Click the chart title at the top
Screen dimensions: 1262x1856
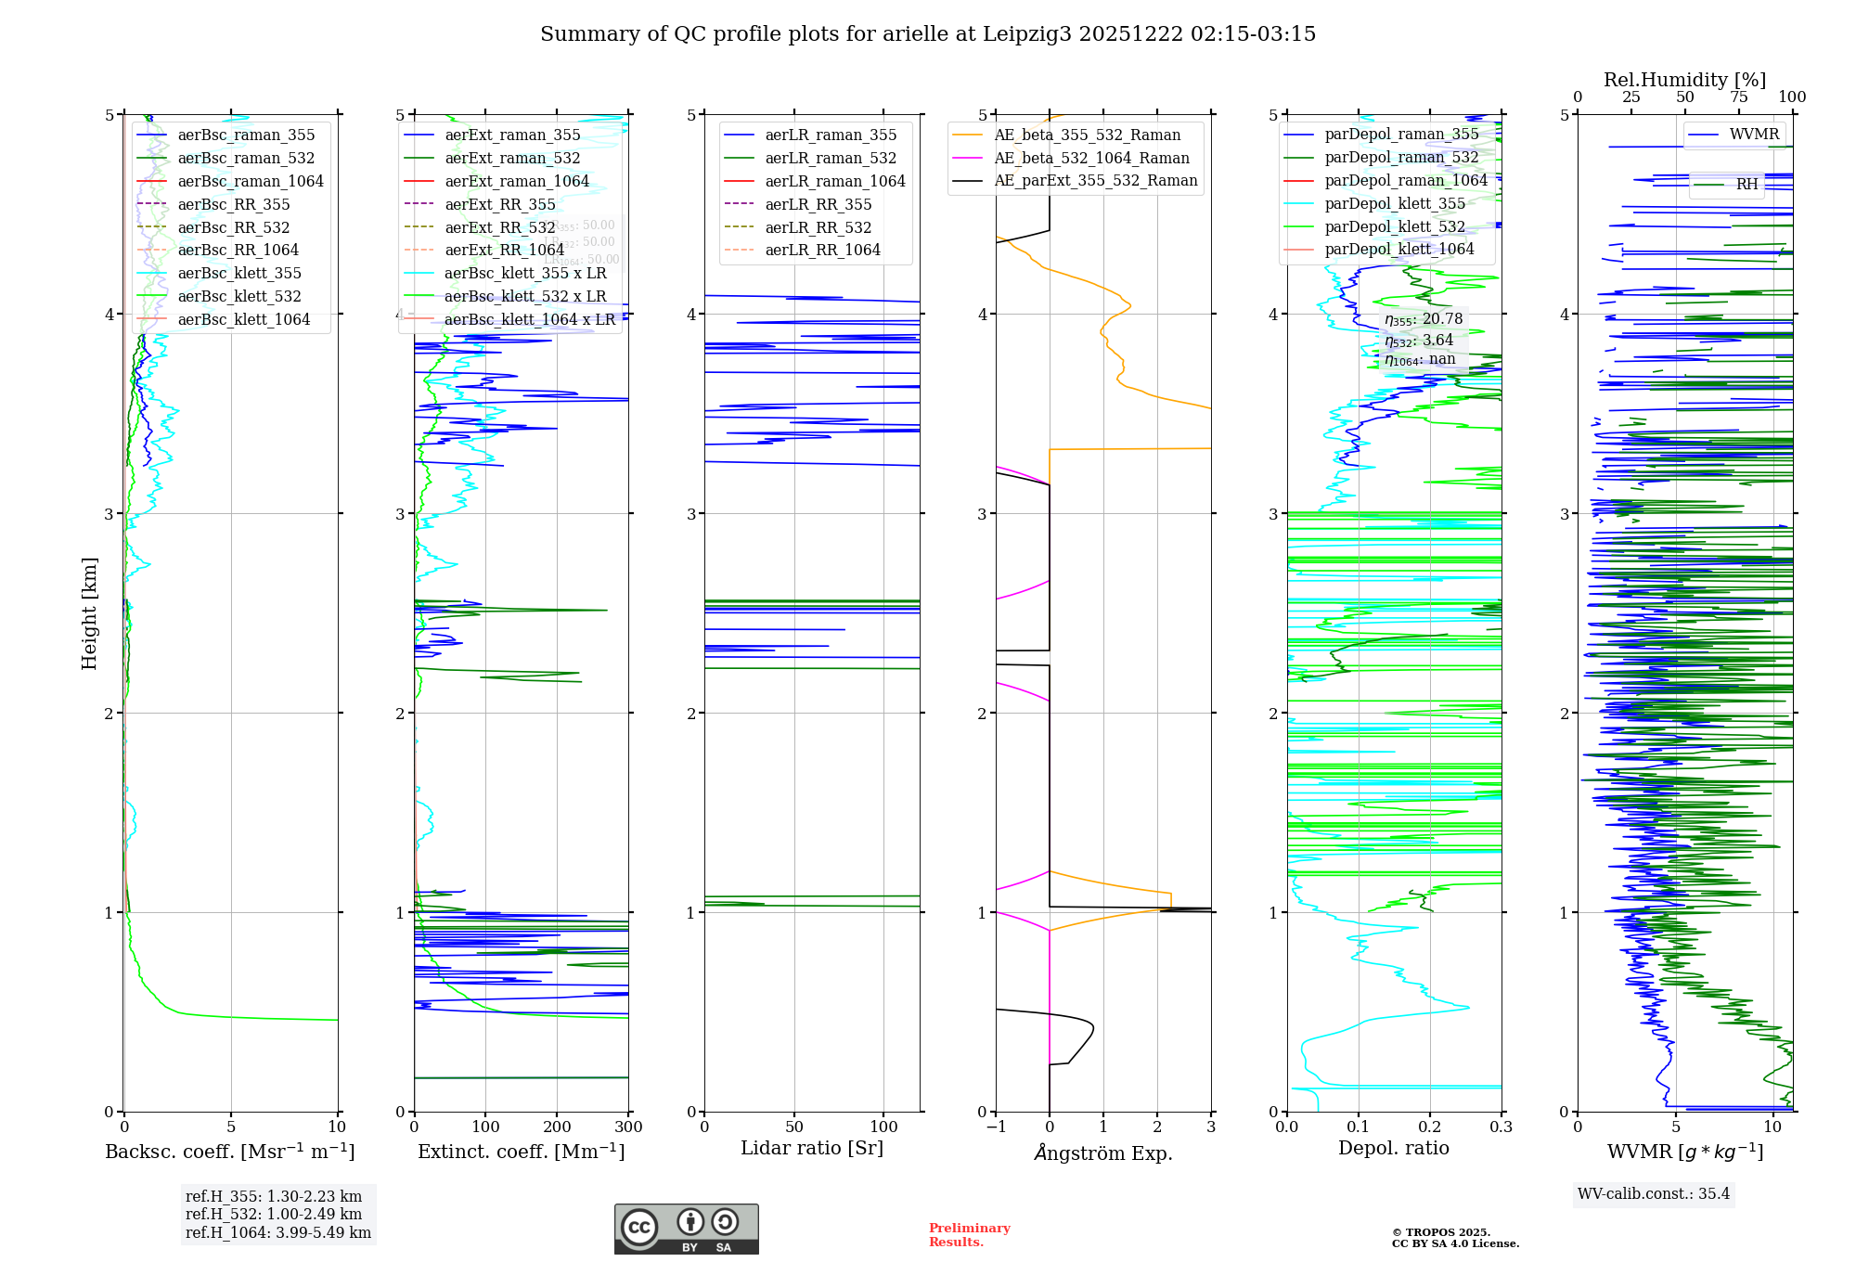[x=927, y=34]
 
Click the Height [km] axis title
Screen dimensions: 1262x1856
[x=89, y=612]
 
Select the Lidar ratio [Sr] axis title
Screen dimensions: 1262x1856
[x=812, y=1149]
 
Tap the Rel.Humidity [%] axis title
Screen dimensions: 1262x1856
[x=1684, y=80]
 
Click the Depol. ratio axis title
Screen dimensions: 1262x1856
[x=1393, y=1149]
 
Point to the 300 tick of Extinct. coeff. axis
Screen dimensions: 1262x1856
[x=629, y=1127]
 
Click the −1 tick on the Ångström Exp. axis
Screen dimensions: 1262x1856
[x=996, y=1127]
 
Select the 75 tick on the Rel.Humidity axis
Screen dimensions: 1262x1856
[x=1738, y=97]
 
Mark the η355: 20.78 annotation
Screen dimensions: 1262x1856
[x=1423, y=319]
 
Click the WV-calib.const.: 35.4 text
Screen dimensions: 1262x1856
[x=1654, y=1194]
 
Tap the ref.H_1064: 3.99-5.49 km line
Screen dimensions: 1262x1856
[x=278, y=1233]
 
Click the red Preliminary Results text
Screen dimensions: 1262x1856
[x=969, y=1235]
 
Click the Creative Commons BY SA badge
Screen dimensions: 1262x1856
[x=686, y=1230]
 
